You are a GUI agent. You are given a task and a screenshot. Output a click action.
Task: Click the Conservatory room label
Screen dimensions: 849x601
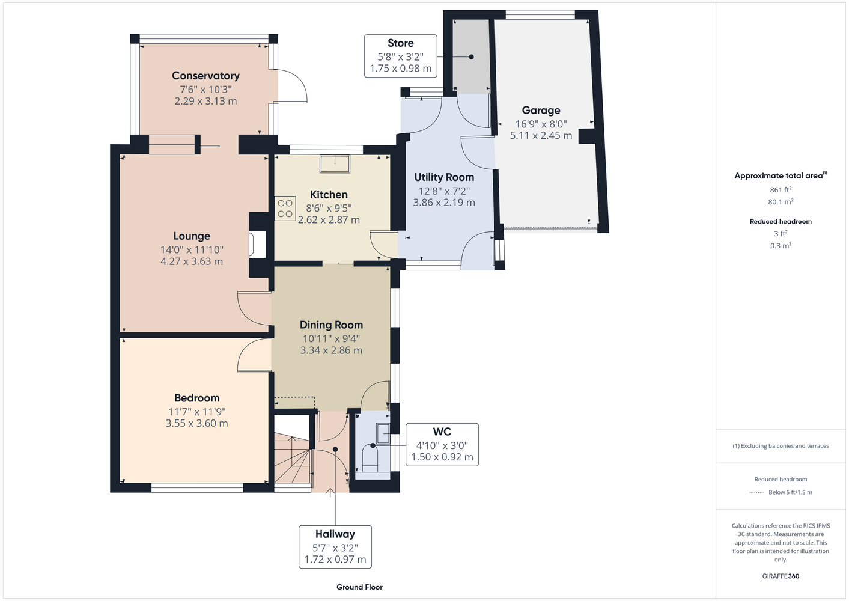tap(205, 76)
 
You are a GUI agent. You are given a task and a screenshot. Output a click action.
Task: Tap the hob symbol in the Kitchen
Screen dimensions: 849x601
tap(285, 208)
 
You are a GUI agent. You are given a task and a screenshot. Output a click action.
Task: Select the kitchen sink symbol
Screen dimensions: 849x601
tap(335, 164)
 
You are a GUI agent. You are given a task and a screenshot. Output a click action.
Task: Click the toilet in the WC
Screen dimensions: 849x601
tap(370, 457)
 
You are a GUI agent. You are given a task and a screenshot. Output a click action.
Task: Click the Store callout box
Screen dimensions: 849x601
tap(401, 56)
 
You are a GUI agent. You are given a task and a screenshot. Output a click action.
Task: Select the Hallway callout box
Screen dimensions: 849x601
tap(335, 547)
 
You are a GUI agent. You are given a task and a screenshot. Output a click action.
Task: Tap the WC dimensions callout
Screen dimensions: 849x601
tap(442, 444)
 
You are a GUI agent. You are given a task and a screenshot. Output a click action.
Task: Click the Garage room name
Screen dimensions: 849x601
tap(541, 111)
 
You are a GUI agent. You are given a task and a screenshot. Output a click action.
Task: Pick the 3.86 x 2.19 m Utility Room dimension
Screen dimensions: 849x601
tap(444, 203)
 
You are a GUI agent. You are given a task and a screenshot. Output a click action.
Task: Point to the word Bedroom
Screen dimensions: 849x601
tap(196, 398)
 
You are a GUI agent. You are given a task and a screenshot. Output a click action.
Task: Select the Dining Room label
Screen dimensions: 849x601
tap(331, 325)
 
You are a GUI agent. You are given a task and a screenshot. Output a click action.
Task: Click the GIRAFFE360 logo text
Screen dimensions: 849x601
tap(781, 576)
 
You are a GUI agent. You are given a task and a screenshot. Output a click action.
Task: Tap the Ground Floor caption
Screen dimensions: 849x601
tap(359, 587)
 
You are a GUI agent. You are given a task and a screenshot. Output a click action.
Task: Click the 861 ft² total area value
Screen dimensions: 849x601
tap(781, 189)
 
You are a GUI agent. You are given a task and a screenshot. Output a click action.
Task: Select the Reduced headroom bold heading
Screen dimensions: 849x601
tap(781, 221)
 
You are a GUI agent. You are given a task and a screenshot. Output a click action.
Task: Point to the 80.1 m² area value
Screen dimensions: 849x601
tap(781, 202)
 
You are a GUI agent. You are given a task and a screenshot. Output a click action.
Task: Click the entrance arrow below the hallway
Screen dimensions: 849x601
tap(330, 493)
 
